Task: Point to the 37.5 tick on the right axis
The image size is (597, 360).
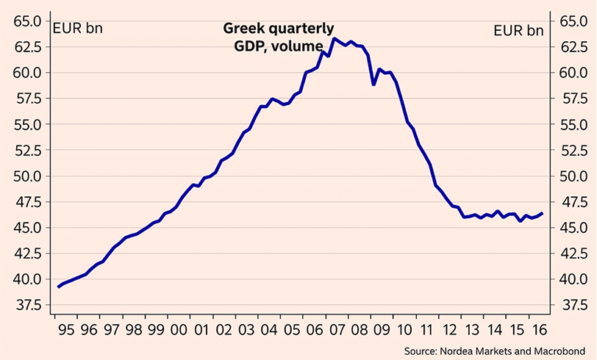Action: (x=574, y=305)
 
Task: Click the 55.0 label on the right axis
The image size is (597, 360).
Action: (x=574, y=125)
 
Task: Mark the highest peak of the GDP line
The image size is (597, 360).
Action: (x=334, y=38)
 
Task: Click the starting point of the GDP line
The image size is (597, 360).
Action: (x=58, y=287)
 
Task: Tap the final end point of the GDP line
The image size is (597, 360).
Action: (x=543, y=213)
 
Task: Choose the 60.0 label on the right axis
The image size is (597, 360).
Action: (x=574, y=73)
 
